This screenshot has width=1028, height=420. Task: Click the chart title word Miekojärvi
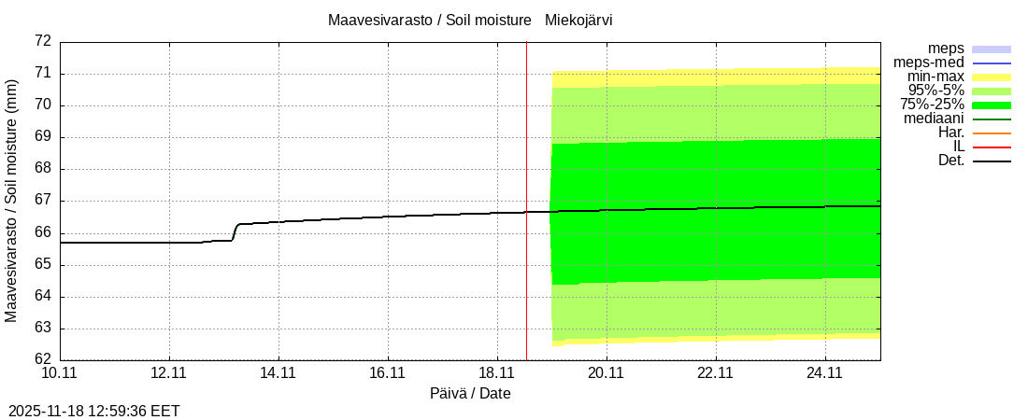[578, 20]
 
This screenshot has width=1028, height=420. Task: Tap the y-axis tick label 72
[42, 41]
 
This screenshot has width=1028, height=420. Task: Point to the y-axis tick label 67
[42, 201]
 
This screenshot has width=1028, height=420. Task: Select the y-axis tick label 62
[42, 360]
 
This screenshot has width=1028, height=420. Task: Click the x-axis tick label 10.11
[60, 373]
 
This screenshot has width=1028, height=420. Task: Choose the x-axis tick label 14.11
[278, 373]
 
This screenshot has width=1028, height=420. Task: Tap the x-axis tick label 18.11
[497, 373]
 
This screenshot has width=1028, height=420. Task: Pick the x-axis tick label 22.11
[716, 373]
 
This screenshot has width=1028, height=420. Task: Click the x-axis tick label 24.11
[825, 373]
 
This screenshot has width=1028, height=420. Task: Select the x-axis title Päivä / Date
[470, 393]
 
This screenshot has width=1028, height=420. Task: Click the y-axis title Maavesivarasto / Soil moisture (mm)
[11, 201]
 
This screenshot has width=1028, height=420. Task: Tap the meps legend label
[946, 49]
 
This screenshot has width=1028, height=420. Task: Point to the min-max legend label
[936, 77]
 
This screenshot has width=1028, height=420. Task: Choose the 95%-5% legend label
[936, 91]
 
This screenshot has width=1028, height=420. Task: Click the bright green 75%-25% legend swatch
[992, 105]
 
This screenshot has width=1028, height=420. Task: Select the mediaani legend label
[934, 119]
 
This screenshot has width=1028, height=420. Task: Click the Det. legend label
[950, 161]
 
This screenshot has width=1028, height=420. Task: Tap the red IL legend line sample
[992, 147]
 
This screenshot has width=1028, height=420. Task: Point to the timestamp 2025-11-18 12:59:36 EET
[93, 411]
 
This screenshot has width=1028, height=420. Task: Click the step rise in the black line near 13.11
[235, 231]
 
